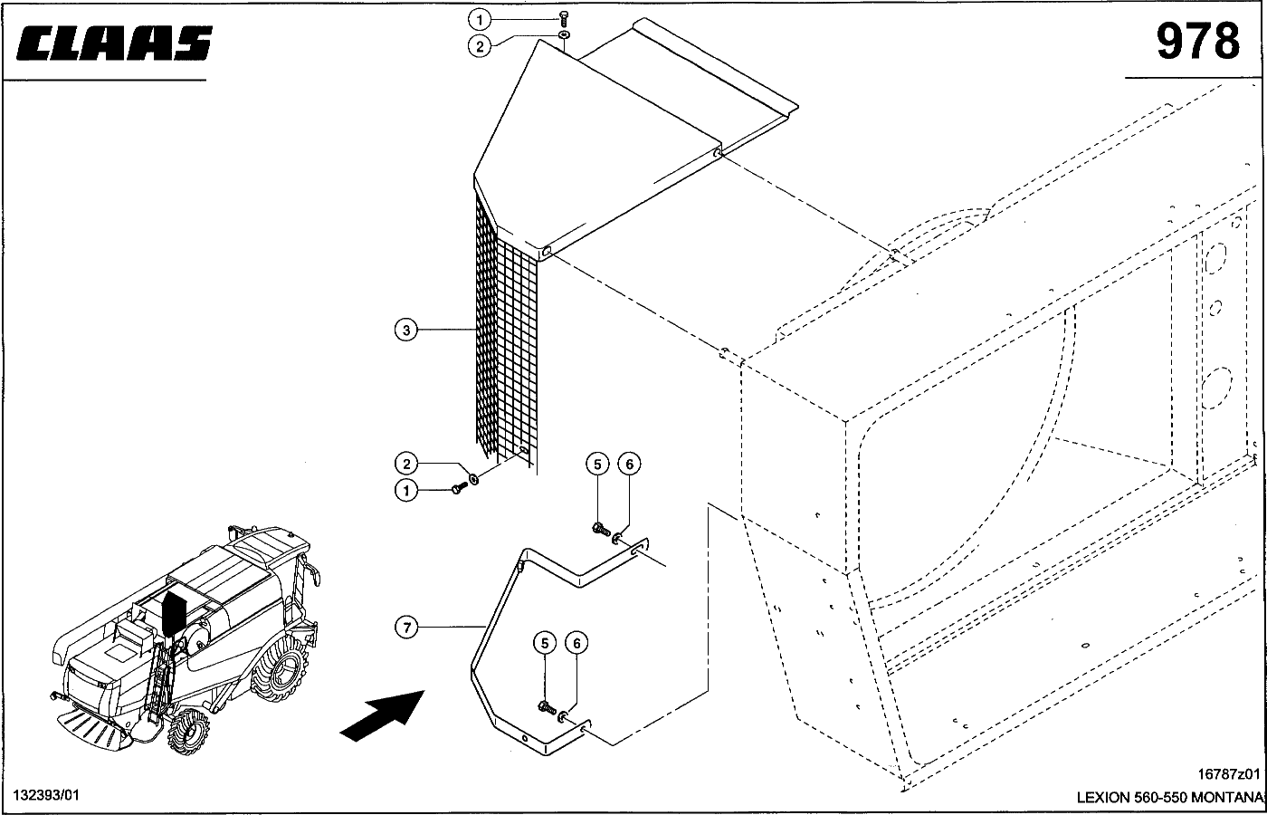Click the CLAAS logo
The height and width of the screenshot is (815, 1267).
pyautogui.click(x=114, y=43)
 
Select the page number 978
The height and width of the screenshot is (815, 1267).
pyautogui.click(x=1198, y=42)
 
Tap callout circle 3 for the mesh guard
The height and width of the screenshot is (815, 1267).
pyautogui.click(x=406, y=330)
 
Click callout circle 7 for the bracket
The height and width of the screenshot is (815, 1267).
pyautogui.click(x=406, y=627)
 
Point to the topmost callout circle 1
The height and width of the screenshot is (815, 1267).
pyautogui.click(x=480, y=20)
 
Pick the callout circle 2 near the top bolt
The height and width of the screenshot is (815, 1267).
pyautogui.click(x=480, y=46)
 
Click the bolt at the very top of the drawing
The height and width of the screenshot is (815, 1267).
pyautogui.click(x=563, y=19)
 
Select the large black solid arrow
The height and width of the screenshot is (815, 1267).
pyautogui.click(x=383, y=715)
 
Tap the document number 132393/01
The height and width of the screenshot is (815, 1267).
pyautogui.click(x=46, y=795)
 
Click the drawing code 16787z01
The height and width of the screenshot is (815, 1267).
pyautogui.click(x=1229, y=773)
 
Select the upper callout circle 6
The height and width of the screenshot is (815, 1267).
pyautogui.click(x=630, y=464)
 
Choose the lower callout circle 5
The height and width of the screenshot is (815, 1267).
pyautogui.click(x=545, y=643)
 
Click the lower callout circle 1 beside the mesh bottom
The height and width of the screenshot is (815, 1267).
pyautogui.click(x=406, y=490)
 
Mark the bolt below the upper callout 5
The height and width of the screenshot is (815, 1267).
pyautogui.click(x=601, y=530)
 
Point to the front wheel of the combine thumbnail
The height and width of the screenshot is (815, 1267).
pyautogui.click(x=188, y=733)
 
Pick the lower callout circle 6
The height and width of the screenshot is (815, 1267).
pyautogui.click(x=577, y=643)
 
